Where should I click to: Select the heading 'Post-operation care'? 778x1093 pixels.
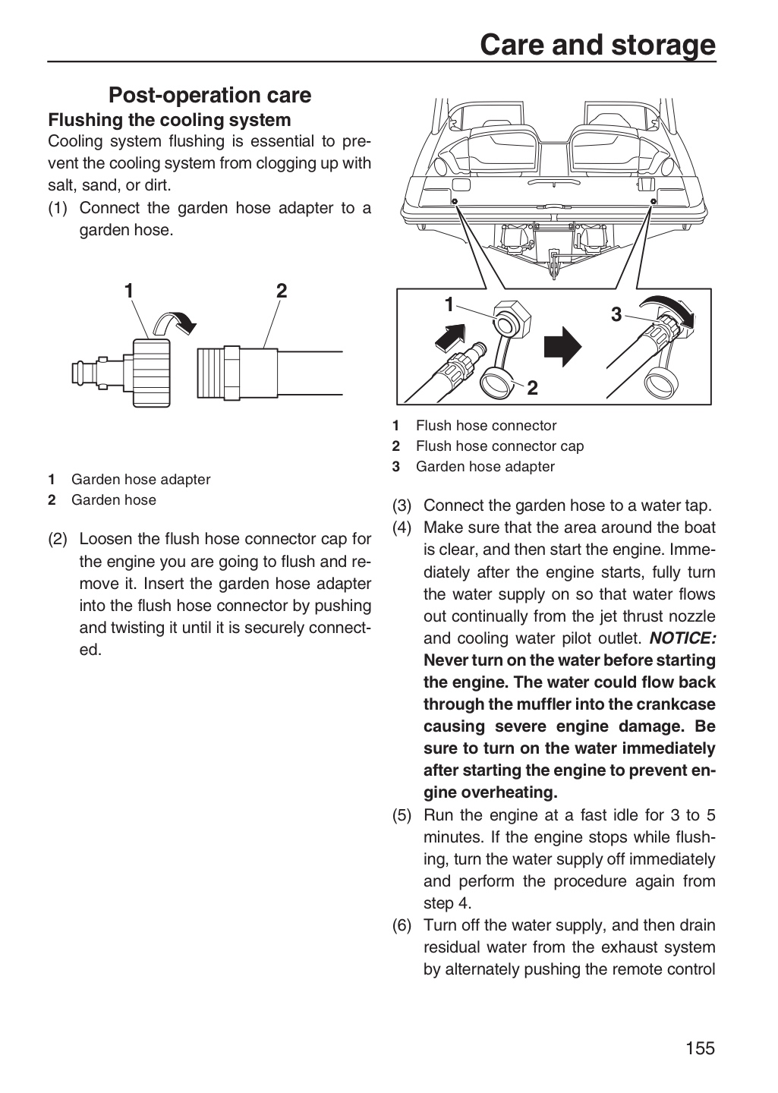(210, 95)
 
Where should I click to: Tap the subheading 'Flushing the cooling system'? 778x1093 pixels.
(169, 120)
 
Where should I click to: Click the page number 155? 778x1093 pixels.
(700, 1047)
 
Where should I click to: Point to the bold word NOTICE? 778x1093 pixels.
(682, 638)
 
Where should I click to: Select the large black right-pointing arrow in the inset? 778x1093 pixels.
(562, 346)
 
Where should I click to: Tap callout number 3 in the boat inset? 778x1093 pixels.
(616, 315)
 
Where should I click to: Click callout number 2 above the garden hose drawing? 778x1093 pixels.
(282, 291)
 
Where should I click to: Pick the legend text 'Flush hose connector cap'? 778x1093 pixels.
(499, 446)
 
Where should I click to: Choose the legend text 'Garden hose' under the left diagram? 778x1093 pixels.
(114, 499)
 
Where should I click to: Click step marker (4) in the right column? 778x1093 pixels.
(402, 528)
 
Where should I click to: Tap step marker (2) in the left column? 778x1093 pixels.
(57, 539)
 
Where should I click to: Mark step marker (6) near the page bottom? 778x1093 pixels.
(402, 925)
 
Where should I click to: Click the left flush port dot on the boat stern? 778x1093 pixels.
(455, 202)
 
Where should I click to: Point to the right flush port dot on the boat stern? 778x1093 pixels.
(654, 202)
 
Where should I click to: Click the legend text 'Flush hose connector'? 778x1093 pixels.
(486, 426)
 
